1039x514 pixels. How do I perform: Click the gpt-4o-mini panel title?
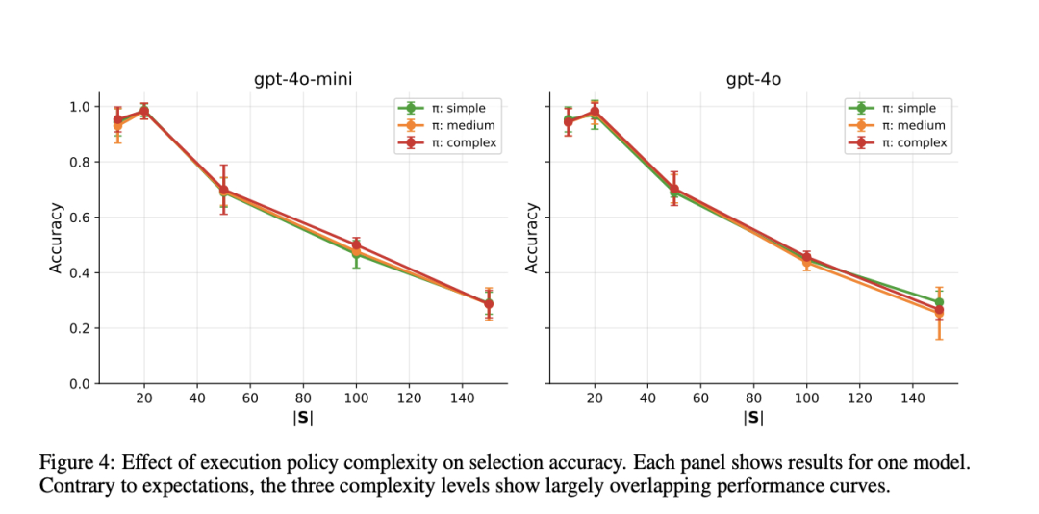click(x=303, y=79)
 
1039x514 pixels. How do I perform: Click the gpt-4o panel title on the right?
click(x=753, y=79)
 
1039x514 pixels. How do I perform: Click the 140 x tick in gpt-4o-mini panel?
click(x=463, y=397)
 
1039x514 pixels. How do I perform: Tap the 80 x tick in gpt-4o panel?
click(x=753, y=397)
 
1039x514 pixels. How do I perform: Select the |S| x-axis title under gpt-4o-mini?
click(x=303, y=418)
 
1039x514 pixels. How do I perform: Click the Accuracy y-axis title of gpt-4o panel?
click(x=532, y=237)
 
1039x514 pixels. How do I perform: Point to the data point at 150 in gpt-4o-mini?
click(x=489, y=304)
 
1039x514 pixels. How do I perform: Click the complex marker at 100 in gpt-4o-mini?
click(x=356, y=245)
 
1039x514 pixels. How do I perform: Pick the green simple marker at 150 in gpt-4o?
click(x=939, y=302)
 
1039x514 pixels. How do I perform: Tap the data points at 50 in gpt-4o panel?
click(x=673, y=191)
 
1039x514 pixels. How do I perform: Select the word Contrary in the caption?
click(x=72, y=485)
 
